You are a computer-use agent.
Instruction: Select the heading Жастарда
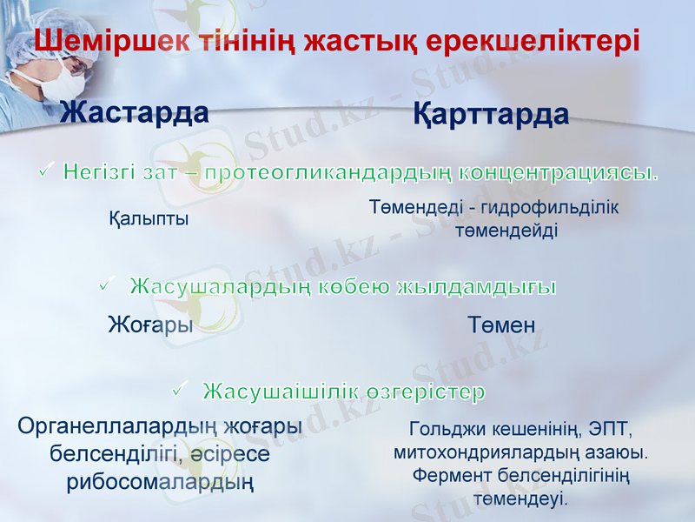[134, 112]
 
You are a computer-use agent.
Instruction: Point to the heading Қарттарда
[491, 114]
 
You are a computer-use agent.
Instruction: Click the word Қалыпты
[149, 217]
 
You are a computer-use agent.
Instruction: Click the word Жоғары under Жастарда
[149, 325]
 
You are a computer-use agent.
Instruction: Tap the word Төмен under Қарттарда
[501, 325]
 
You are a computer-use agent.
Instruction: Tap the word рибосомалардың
[160, 482]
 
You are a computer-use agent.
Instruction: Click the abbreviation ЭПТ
[612, 430]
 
